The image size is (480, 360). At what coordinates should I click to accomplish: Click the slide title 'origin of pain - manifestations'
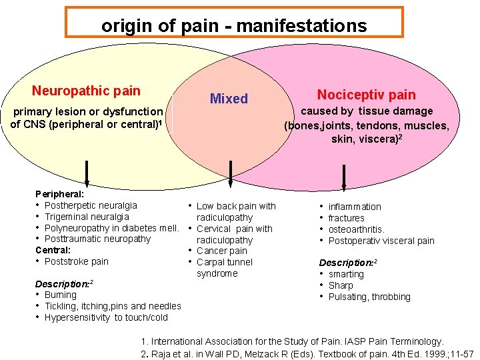(234, 25)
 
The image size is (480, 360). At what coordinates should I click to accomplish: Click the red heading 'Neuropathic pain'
(86, 91)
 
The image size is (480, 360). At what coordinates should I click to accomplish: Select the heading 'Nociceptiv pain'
(366, 95)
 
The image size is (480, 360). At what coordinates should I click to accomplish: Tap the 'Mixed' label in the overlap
(229, 99)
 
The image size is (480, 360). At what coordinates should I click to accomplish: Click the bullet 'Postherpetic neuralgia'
(91, 205)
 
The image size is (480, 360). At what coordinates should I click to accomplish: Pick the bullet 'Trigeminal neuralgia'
(87, 217)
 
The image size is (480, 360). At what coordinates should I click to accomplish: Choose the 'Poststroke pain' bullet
(76, 261)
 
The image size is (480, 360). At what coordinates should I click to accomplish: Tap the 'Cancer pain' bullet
(221, 251)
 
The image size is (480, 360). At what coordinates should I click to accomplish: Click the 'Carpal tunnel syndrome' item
(224, 267)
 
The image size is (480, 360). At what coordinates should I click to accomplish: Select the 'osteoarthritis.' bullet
(356, 229)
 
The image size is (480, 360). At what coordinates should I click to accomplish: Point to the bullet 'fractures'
(346, 218)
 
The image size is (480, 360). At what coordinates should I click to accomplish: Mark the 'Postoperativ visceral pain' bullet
(381, 241)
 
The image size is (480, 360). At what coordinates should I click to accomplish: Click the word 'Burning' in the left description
(61, 295)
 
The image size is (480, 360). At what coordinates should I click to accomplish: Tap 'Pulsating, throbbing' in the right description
(369, 297)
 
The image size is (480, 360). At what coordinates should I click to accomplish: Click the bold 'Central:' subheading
(53, 250)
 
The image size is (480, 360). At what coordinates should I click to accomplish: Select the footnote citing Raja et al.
(307, 353)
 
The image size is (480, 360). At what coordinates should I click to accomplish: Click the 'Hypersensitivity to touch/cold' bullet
(106, 317)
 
